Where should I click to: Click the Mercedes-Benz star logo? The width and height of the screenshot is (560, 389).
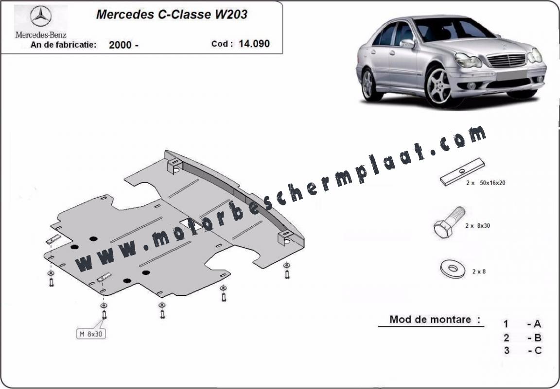(x=41, y=17)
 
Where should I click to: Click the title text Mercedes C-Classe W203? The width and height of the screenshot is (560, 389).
(x=172, y=14)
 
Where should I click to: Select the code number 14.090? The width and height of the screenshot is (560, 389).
(x=254, y=44)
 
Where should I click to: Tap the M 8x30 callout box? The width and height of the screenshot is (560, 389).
(x=91, y=334)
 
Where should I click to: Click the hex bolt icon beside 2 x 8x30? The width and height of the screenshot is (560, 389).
(x=449, y=222)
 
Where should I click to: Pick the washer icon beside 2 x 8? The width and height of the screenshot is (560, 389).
(x=453, y=269)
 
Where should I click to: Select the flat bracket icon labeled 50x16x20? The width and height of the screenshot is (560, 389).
(x=462, y=171)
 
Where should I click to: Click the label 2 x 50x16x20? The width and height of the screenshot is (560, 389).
(x=485, y=183)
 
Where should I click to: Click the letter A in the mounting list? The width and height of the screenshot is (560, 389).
(x=537, y=324)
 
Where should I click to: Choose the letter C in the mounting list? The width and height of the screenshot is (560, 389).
(x=538, y=351)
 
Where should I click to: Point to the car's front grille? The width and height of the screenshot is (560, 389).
(x=507, y=60)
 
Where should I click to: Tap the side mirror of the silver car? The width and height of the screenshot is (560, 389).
(x=407, y=44)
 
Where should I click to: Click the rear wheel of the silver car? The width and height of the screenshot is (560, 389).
(x=368, y=84)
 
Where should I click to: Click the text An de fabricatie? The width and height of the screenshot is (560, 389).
(x=64, y=45)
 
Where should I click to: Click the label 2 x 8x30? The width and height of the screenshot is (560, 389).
(x=477, y=225)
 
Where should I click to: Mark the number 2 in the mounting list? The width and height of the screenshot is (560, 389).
(x=507, y=338)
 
